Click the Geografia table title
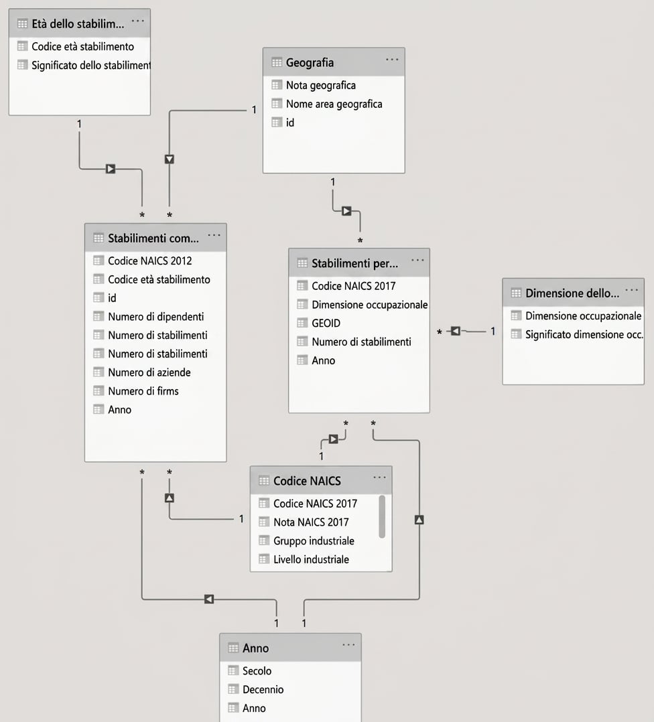[x=310, y=62]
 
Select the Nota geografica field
[x=320, y=85]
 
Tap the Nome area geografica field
[x=334, y=104]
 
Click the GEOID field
[x=326, y=323]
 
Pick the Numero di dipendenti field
[x=155, y=317]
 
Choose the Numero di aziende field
[x=149, y=372]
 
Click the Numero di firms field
[x=143, y=391]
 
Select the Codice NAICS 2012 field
[x=149, y=261]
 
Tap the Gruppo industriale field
[x=314, y=541]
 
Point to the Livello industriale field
[x=311, y=559]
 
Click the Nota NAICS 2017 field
[x=311, y=522]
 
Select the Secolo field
[x=257, y=671]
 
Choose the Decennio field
[x=263, y=689]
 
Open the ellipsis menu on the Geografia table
[x=392, y=60]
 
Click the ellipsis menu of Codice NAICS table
[x=379, y=477]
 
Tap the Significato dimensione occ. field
[x=584, y=335]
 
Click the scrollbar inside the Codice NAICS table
[x=382, y=516]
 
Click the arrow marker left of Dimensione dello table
[x=456, y=331]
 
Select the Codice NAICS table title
[x=307, y=481]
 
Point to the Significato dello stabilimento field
[x=90, y=66]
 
